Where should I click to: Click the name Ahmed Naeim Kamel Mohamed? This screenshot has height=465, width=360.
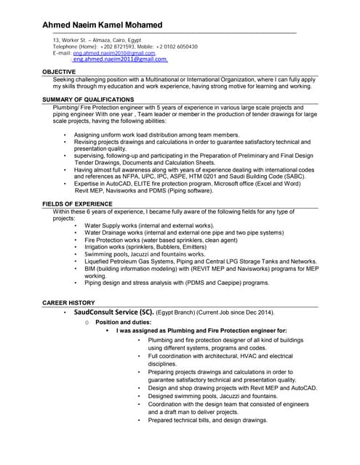coord(103,25)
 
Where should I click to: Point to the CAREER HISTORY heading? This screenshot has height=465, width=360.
coord(68,301)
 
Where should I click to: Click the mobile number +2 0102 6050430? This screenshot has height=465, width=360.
coord(175,46)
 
